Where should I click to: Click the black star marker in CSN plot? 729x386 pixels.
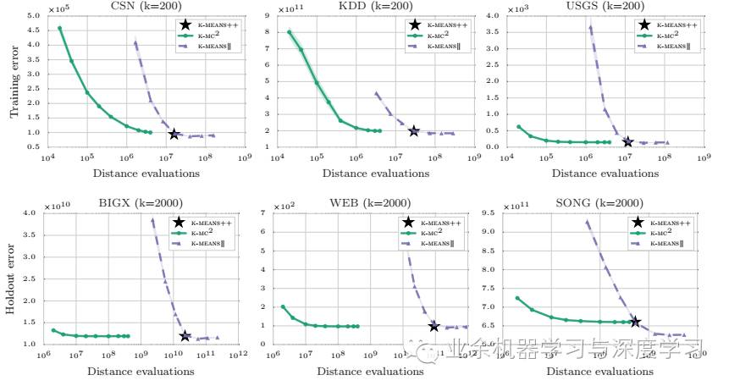[x=174, y=134]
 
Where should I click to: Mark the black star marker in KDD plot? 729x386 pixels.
[x=414, y=131]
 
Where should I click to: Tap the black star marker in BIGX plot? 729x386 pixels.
[x=185, y=337]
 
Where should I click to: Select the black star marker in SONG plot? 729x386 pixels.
[x=635, y=322]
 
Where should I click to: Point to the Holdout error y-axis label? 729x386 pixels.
[x=14, y=279]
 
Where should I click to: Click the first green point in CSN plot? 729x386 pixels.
[x=59, y=28]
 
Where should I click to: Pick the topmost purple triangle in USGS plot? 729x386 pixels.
[x=590, y=27]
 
